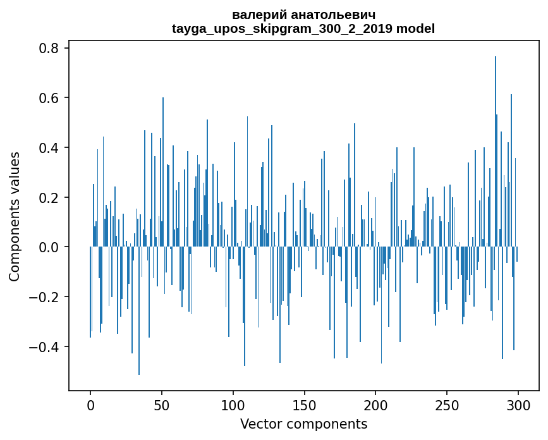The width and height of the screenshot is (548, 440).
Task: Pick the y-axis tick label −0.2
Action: tap(44, 297)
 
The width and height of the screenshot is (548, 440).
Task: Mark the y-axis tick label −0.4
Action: tap(44, 346)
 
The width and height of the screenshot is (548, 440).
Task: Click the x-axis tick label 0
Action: tap(90, 405)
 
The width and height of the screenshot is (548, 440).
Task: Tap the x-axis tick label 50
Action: tap(162, 405)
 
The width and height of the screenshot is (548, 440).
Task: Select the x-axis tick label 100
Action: tap(233, 405)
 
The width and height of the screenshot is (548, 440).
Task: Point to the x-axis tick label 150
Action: tap(304, 405)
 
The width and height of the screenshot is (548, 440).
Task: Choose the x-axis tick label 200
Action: tap(375, 405)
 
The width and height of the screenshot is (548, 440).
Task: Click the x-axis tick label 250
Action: tap(447, 405)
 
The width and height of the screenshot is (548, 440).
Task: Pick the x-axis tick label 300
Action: tap(518, 405)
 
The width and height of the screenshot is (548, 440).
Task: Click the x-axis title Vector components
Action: tap(303, 424)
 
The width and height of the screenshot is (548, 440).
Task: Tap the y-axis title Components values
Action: tap(15, 216)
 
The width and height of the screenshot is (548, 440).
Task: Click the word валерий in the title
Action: tap(257, 15)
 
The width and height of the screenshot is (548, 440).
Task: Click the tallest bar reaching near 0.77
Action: tap(496, 152)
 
